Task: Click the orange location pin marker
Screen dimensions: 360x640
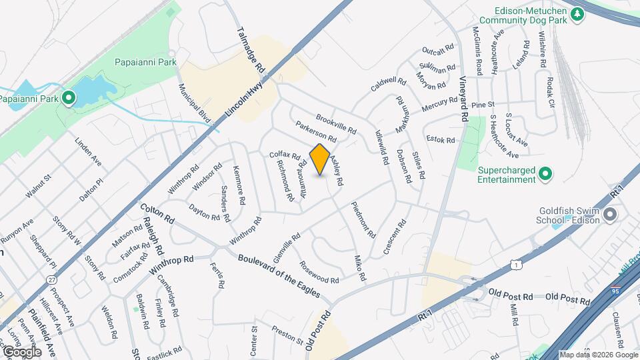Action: [x=320, y=159]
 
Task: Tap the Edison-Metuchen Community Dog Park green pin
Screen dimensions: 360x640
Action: [x=577, y=15]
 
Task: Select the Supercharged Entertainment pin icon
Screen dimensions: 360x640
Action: [x=545, y=175]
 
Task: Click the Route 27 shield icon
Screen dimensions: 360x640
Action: [x=52, y=281]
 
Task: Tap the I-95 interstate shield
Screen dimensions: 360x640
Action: [x=615, y=291]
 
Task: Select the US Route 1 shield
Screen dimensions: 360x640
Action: [x=517, y=265]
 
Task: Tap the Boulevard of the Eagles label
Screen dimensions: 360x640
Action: [x=279, y=275]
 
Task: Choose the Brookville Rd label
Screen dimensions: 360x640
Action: [x=337, y=122]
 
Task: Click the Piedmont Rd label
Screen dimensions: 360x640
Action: [x=363, y=221]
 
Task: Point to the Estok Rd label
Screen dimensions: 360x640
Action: [x=441, y=140]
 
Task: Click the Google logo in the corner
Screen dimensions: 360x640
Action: [x=22, y=351]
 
